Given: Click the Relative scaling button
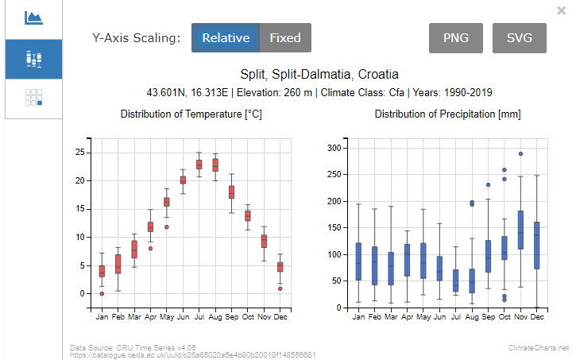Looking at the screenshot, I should coord(226,38).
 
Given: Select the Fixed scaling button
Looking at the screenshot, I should coord(285,38).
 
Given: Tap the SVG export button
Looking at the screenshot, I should coord(519,38).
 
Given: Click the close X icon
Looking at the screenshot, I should coord(562,10).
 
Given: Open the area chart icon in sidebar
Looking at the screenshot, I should coord(33,17).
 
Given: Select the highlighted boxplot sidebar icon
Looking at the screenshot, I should coord(33,59).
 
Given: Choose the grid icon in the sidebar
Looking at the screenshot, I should coord(33,98).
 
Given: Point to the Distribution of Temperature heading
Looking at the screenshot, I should coord(191,114).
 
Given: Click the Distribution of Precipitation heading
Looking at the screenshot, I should coord(447,114).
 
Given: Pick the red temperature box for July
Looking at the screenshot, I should coord(199,165).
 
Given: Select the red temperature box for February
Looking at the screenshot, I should coord(118,264).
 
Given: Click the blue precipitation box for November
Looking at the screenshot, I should coord(520,230).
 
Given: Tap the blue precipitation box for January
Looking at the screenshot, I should coord(358,261).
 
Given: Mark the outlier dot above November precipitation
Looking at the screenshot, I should coord(520,154).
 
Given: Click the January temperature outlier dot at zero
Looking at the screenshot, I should coord(102,293).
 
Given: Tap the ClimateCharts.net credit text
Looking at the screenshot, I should coord(539,348).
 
